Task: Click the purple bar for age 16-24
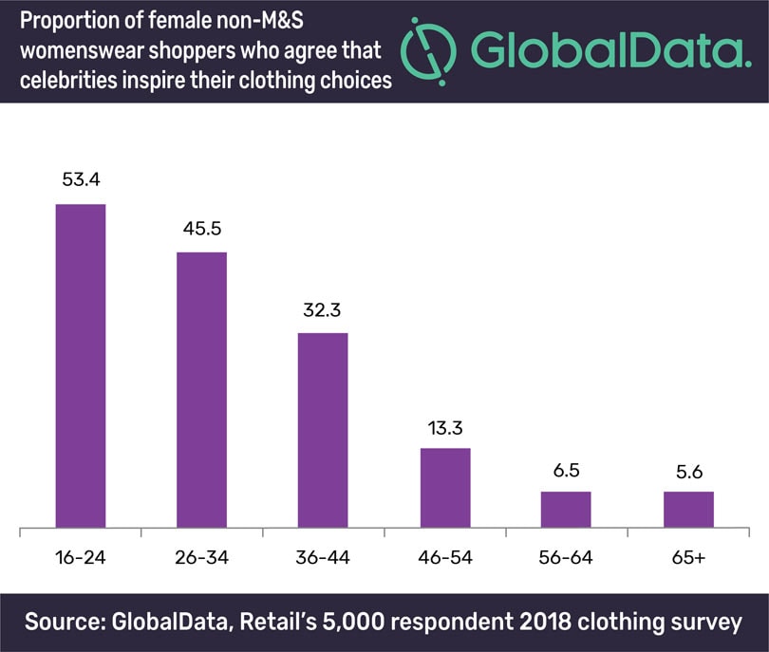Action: [x=81, y=365]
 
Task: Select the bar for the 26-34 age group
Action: [x=201, y=389]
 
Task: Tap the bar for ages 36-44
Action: [x=323, y=429]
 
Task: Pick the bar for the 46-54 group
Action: [x=445, y=487]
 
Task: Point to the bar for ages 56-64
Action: [x=566, y=509]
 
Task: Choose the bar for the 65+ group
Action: [x=688, y=509]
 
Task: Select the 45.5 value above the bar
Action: [x=201, y=231]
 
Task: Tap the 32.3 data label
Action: [x=323, y=310]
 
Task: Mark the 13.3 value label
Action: [x=445, y=426]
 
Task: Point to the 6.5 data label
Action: [x=566, y=469]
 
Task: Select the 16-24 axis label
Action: [x=81, y=557]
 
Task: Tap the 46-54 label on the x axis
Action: [x=445, y=557]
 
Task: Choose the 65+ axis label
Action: [x=688, y=557]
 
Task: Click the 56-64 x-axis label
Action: [x=566, y=557]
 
